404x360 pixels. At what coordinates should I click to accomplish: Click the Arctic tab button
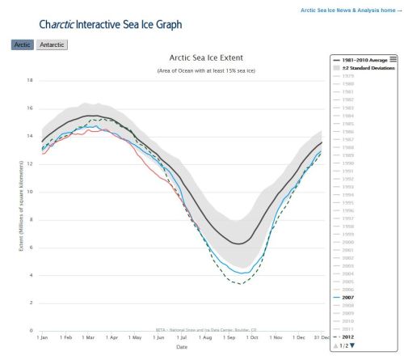coord(23,44)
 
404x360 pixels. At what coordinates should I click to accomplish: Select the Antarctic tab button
coord(53,44)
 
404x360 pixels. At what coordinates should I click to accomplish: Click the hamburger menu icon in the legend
coord(393,59)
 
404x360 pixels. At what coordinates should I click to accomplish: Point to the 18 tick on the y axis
coord(30,80)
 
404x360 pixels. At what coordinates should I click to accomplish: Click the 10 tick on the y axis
coord(30,192)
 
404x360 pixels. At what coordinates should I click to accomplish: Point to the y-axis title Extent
coord(19,206)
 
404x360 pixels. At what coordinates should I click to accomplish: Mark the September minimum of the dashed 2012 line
coord(240,284)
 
